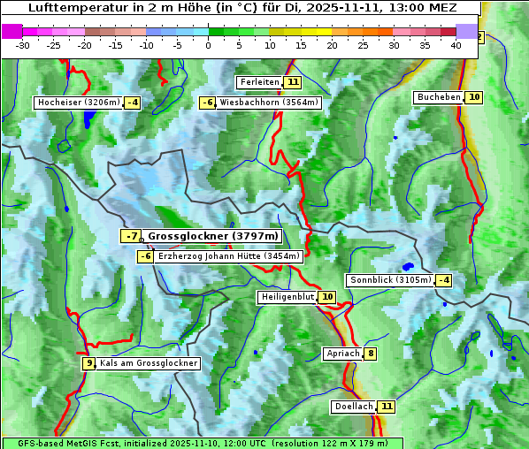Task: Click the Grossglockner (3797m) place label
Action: pos(212,236)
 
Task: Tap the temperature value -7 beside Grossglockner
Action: pos(131,236)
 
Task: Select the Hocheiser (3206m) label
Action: pos(78,103)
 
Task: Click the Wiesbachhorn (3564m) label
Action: pos(269,103)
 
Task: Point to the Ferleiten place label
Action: pos(259,82)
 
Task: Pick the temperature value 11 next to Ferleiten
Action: pos(293,82)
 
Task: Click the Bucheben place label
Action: pos(439,96)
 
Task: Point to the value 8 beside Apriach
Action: pos(370,354)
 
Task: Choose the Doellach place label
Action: pos(354,407)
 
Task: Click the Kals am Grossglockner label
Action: pos(149,363)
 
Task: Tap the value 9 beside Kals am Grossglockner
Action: pos(88,363)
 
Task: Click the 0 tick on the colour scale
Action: pos(208,44)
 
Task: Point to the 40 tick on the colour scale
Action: pos(456,44)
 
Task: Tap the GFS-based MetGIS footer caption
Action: pos(202,443)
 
